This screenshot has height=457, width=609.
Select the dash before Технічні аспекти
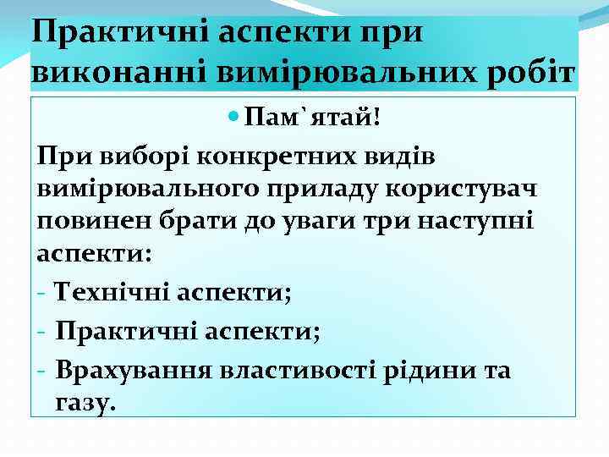coord(41,295)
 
